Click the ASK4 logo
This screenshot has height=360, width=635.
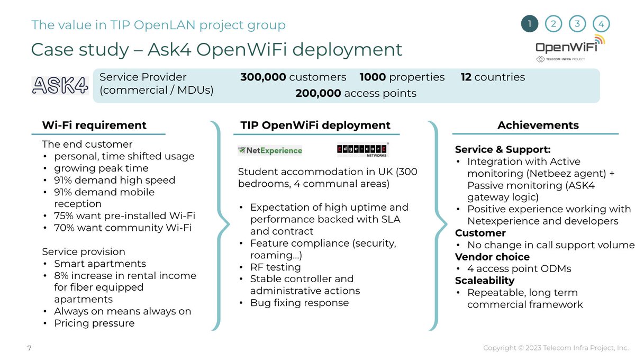click(x=60, y=85)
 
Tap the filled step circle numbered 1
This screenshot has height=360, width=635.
click(x=529, y=24)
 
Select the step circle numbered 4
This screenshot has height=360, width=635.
click(x=601, y=24)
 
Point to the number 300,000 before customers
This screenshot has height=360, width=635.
click(x=264, y=77)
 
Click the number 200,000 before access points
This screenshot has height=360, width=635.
click(x=318, y=94)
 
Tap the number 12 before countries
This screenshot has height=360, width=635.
click(x=466, y=77)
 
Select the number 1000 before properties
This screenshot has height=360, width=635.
click(x=373, y=77)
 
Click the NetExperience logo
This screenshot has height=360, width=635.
click(x=270, y=150)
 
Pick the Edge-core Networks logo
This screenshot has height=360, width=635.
click(x=362, y=150)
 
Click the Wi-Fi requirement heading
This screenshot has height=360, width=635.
click(x=94, y=125)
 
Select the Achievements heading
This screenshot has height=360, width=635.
click(x=538, y=125)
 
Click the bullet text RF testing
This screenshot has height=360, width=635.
click(x=275, y=267)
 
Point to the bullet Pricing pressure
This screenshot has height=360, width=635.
click(x=94, y=323)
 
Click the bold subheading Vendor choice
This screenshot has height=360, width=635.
click(x=492, y=257)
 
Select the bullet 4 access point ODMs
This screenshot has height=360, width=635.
click(x=519, y=268)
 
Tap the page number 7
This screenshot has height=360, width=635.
click(x=30, y=348)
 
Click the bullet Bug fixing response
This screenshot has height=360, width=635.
click(x=299, y=303)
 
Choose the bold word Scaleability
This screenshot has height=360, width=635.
click(x=485, y=281)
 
